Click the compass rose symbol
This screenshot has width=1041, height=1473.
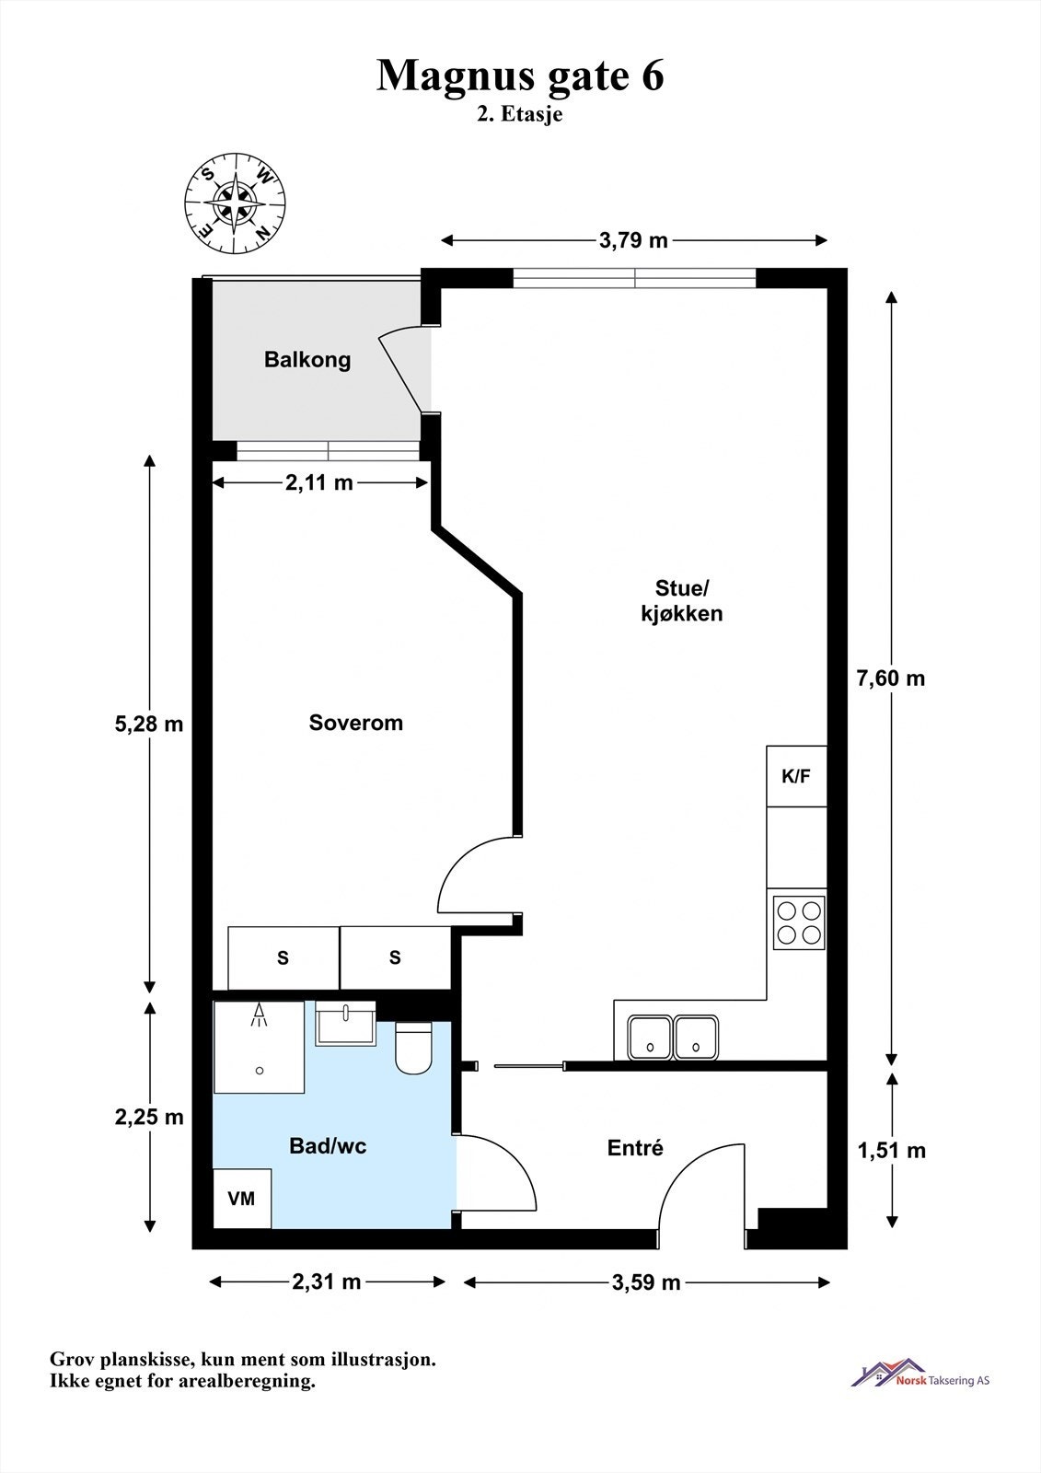(235, 203)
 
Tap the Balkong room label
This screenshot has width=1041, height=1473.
(307, 360)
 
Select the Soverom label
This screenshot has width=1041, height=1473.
(356, 723)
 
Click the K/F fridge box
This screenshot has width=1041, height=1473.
(796, 776)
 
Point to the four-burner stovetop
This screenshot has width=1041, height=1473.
(799, 922)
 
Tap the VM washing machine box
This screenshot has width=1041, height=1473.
(242, 1198)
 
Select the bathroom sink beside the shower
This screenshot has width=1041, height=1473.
(345, 1023)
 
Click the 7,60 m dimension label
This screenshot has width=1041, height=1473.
(890, 678)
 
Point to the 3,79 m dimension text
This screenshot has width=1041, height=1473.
(633, 240)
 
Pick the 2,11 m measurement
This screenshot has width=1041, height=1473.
(319, 482)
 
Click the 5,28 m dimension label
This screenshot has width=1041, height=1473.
(148, 724)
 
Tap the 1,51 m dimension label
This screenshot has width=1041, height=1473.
(891, 1150)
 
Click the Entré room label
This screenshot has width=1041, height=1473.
(635, 1148)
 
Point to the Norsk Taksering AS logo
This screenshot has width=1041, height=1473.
(920, 1375)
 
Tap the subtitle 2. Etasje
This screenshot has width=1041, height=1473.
(520, 114)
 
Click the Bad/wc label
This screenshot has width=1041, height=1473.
(328, 1146)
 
